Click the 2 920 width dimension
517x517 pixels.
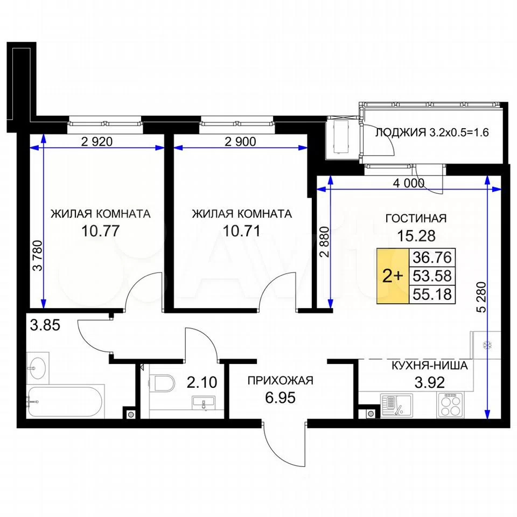96,142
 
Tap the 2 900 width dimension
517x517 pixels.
240,142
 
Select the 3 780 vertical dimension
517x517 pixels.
39,255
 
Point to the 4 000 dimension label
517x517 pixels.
409,183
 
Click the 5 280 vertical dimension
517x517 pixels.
481,297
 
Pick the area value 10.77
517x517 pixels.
100,231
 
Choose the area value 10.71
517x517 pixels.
242,231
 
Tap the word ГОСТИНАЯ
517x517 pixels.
416,218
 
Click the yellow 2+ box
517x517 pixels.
393,276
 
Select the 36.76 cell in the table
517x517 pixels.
432,257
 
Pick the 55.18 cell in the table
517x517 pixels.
432,294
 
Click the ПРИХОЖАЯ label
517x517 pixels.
280,381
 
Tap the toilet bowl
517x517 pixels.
162,382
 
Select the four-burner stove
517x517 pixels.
450,406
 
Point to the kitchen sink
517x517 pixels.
396,406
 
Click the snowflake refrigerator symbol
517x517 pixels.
487,345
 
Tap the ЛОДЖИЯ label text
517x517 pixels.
401,132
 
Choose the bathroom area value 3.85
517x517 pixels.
45,325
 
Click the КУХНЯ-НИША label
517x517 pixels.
429,366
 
